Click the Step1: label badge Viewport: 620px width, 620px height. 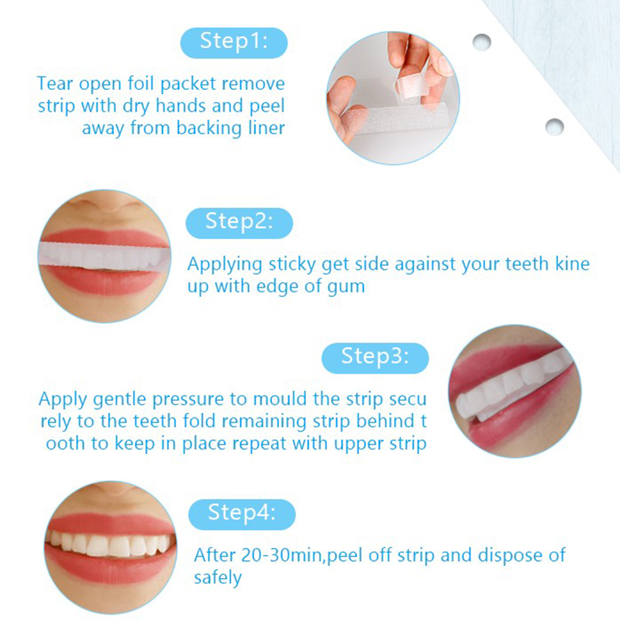coord(234,43)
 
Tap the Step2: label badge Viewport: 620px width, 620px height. coord(239,223)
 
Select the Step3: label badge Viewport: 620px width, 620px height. coord(375,358)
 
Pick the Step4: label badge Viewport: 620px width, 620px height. coord(242,515)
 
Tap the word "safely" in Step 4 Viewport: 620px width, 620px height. coord(218,578)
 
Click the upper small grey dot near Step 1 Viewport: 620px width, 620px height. coord(481,42)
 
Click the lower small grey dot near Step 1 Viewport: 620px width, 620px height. coord(554,127)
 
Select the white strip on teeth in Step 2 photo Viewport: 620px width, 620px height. coord(104,256)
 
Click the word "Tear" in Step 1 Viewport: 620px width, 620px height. coord(54,84)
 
